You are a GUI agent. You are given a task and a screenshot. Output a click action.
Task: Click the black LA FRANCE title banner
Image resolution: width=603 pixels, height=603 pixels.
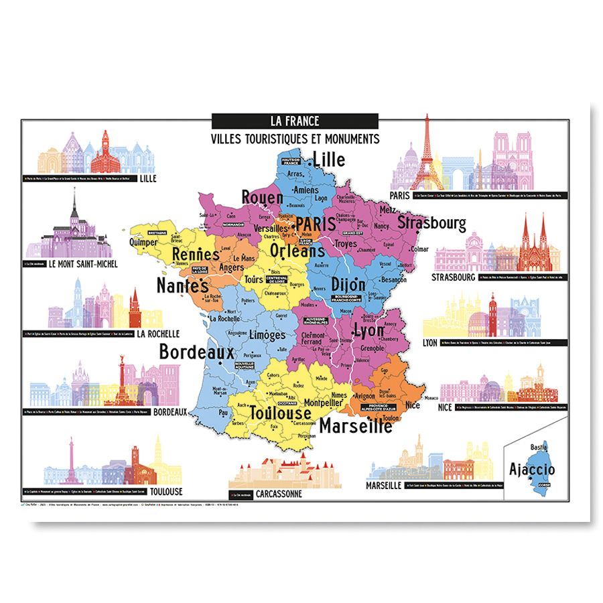pos(295,121)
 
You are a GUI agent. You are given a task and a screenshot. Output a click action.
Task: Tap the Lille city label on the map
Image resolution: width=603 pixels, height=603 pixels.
pos(329,159)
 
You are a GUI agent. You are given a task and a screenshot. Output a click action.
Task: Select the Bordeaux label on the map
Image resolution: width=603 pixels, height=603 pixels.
pos(196,352)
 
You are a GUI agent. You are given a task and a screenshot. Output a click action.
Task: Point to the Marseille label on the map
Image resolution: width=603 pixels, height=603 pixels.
pos(355,425)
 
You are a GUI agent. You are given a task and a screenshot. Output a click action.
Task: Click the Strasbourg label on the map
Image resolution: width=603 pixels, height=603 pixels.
pos(431,222)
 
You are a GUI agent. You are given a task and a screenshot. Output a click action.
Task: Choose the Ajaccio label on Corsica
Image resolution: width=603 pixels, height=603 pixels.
pos(532,469)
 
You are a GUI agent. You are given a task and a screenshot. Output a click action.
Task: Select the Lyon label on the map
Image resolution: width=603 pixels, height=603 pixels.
pos(368,331)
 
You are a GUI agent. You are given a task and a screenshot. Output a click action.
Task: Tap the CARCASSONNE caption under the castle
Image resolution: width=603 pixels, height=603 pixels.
pos(275,494)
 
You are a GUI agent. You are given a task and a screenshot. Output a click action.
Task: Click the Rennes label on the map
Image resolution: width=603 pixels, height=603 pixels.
pos(196,255)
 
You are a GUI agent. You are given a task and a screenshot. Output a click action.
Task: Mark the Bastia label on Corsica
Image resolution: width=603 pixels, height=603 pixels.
pos(538,447)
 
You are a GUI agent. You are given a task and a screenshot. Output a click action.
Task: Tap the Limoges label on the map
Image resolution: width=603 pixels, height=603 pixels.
pos(267,334)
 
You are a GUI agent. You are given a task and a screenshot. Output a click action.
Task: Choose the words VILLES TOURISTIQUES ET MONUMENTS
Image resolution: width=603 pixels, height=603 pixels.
pos(295,139)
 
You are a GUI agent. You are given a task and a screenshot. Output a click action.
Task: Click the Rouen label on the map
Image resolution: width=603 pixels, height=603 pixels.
pos(262,197)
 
